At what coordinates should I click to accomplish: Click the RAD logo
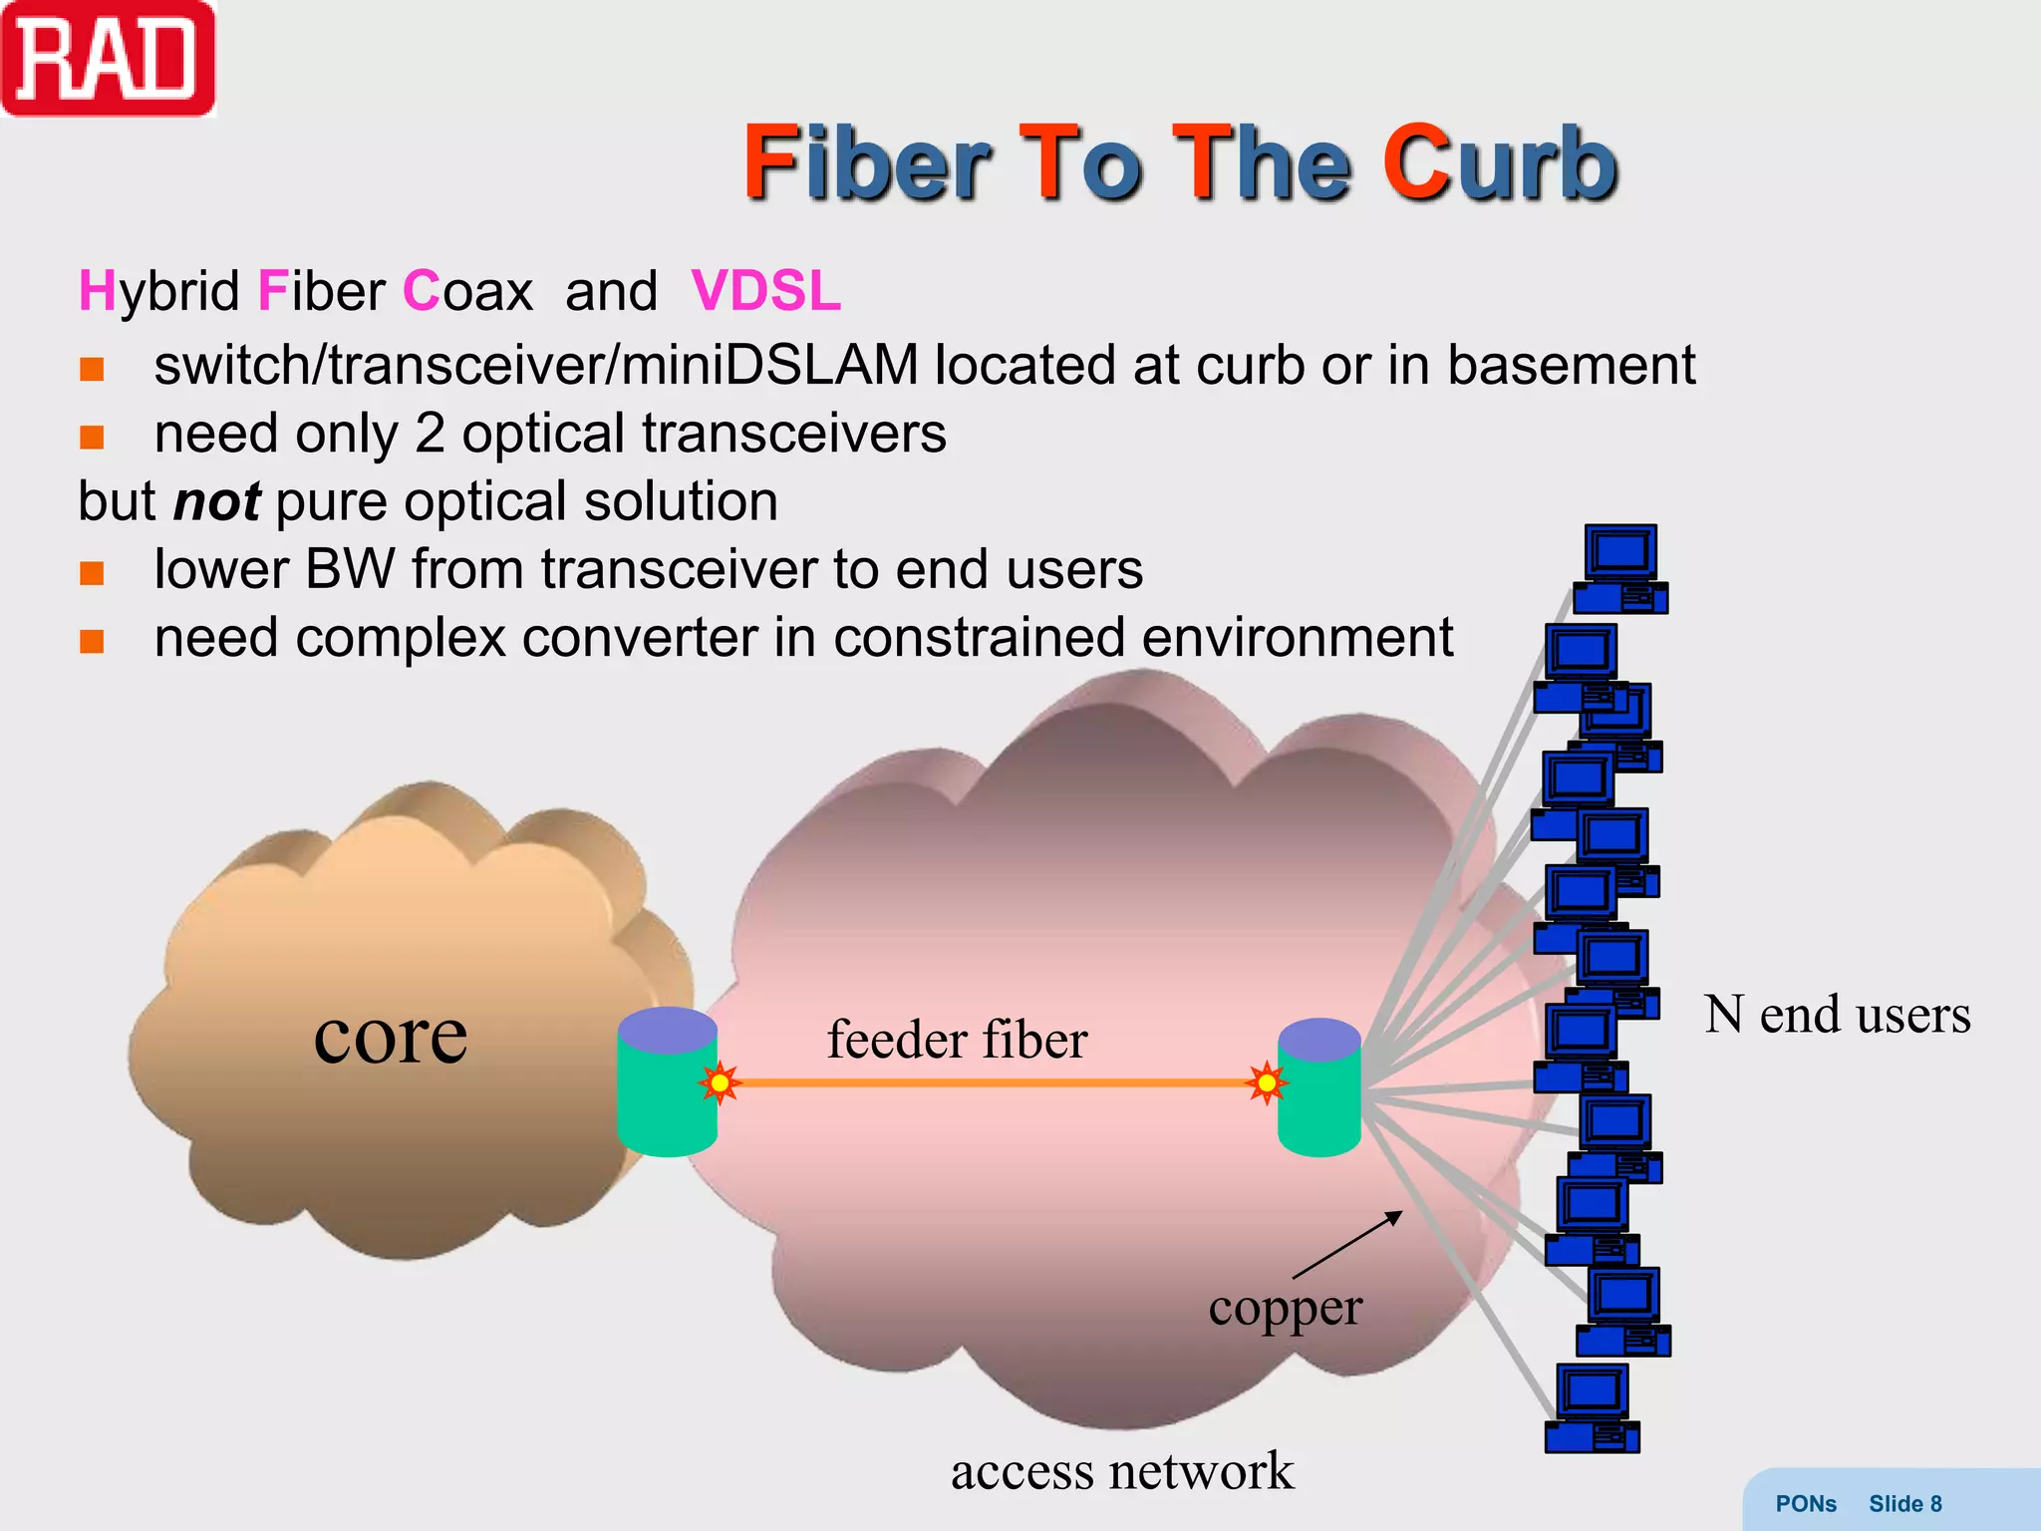click(x=108, y=58)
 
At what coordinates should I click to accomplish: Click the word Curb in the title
click(x=1499, y=163)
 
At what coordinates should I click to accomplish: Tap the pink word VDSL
click(x=765, y=291)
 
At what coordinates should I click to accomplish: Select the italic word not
click(x=216, y=501)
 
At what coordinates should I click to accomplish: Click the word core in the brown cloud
click(x=390, y=1037)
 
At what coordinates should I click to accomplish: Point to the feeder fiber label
click(x=957, y=1040)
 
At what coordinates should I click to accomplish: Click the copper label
click(x=1285, y=1308)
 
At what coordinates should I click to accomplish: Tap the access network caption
click(x=1122, y=1471)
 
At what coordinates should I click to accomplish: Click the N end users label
click(x=1837, y=1015)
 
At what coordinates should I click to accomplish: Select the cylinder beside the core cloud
click(x=667, y=1082)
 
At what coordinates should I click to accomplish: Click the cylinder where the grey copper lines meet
click(x=1318, y=1087)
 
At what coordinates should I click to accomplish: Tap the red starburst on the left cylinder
click(x=720, y=1082)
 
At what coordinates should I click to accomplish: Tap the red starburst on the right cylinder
click(x=1267, y=1082)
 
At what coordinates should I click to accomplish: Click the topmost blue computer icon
click(x=1620, y=568)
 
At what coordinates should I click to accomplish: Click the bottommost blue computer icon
click(x=1593, y=1408)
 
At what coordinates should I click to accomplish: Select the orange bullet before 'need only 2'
click(x=92, y=437)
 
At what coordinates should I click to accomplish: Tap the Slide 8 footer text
click(x=1904, y=1504)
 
